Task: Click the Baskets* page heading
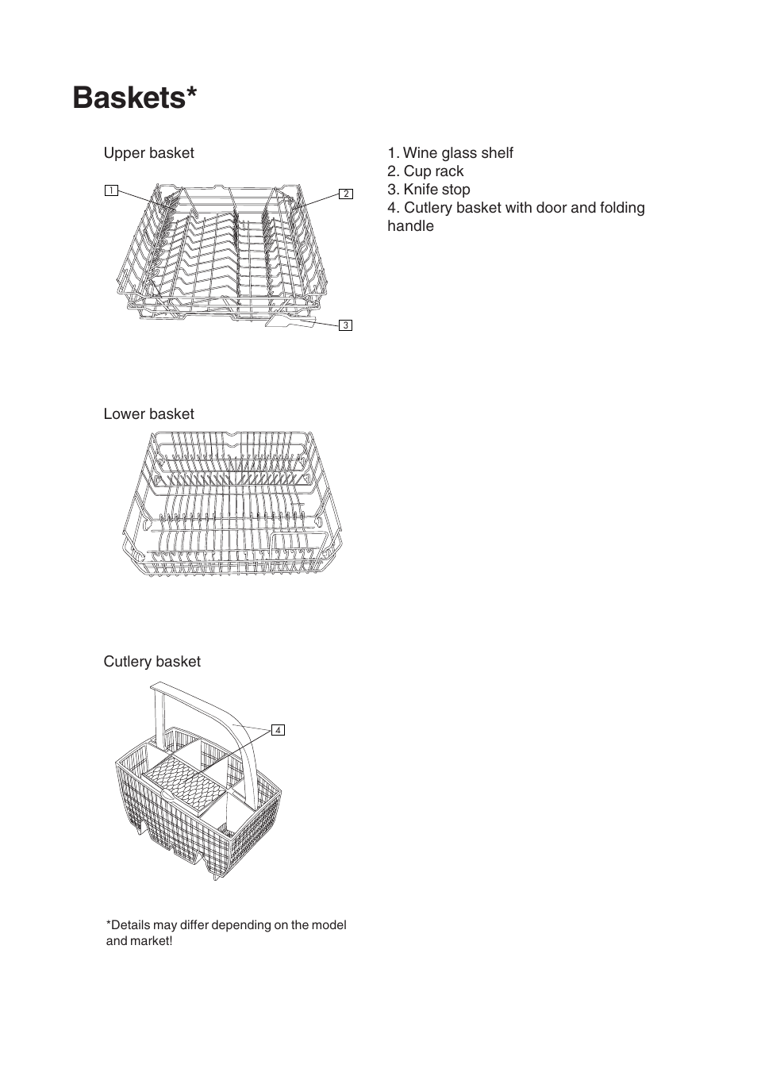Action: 134,98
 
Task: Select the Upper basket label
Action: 148,153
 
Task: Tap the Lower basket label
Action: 148,414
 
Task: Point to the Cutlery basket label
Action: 152,662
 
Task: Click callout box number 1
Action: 111,190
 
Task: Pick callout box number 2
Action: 346,194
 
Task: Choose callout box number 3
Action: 345,325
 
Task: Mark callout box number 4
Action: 278,730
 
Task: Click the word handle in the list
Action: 410,226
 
